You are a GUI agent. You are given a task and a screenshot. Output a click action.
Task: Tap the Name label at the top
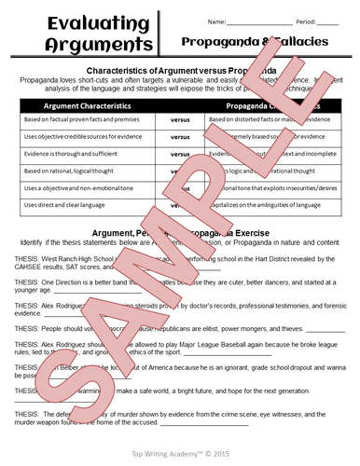point(217,21)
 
